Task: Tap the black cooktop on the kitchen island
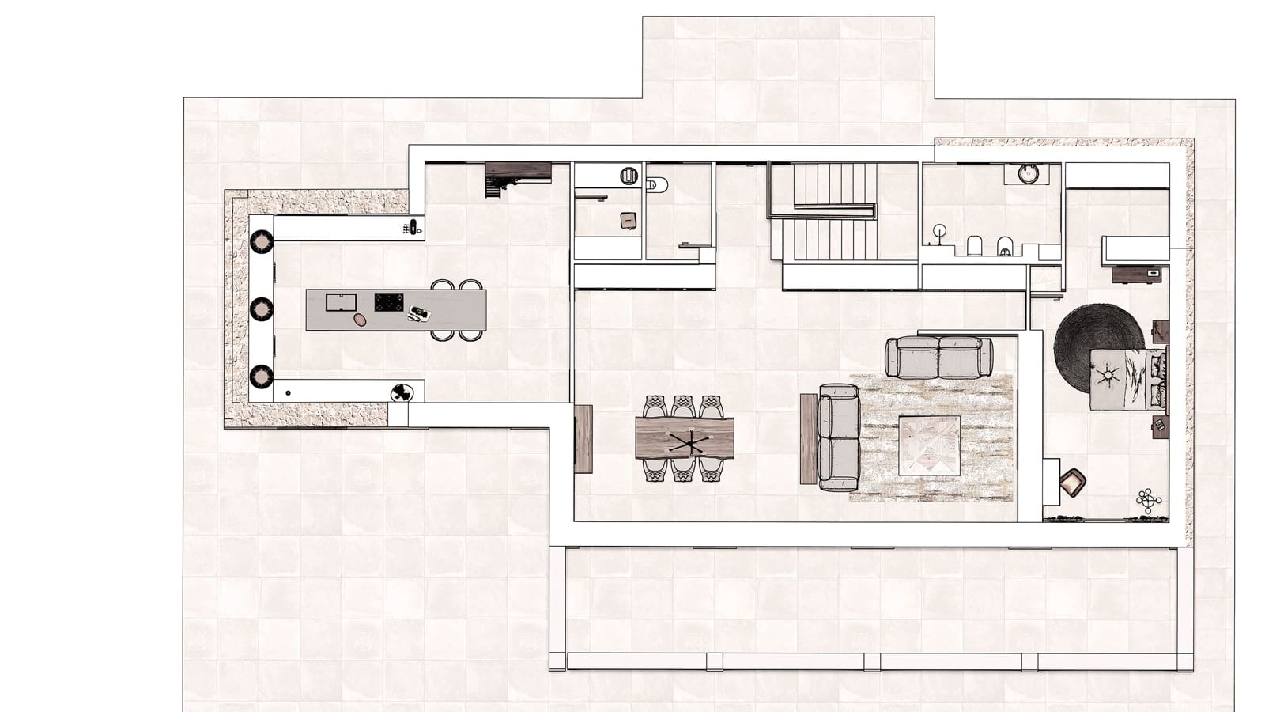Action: tap(388, 302)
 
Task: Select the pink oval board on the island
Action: tap(361, 319)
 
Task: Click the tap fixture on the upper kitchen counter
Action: tap(412, 229)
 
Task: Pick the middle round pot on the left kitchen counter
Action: tap(262, 309)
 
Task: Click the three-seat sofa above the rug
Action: tap(938, 357)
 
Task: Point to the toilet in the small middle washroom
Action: tap(656, 185)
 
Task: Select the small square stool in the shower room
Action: tap(628, 220)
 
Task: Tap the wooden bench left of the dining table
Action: tap(583, 439)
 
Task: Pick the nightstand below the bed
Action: tap(1160, 426)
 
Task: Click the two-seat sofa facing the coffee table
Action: tap(839, 437)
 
